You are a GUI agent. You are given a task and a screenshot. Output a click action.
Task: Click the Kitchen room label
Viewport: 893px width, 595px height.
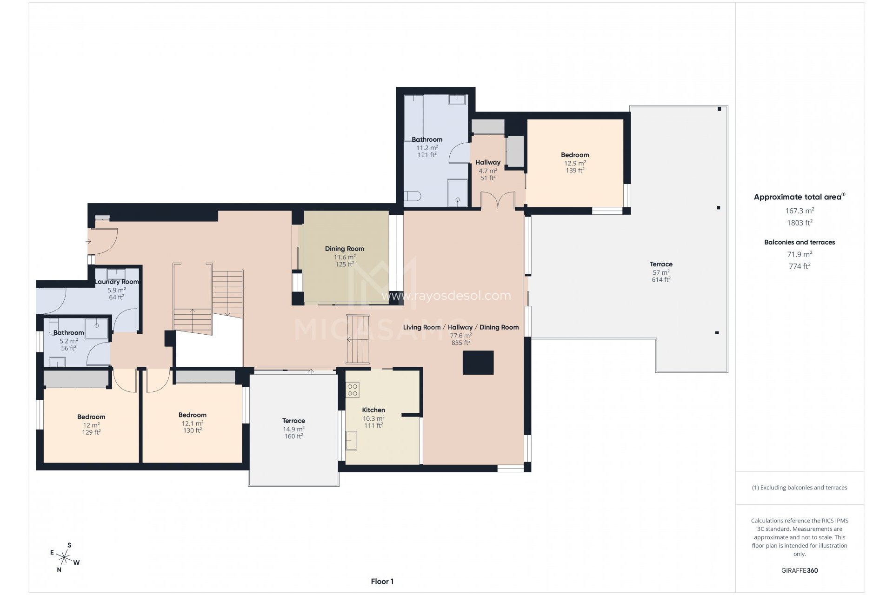pyautogui.click(x=373, y=410)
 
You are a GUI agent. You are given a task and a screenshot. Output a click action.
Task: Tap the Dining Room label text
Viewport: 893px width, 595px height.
pyautogui.click(x=344, y=249)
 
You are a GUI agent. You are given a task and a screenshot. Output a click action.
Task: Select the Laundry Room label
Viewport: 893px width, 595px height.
pyautogui.click(x=117, y=282)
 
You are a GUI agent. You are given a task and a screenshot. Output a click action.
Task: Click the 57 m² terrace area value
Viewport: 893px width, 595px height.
pyautogui.click(x=661, y=272)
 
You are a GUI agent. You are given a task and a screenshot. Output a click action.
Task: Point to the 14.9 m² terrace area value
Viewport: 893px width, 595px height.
pyautogui.click(x=293, y=429)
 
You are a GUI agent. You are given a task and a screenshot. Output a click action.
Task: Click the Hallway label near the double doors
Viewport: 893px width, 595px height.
pyautogui.click(x=488, y=162)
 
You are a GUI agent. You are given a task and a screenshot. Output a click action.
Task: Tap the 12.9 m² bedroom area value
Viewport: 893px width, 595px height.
pyautogui.click(x=575, y=163)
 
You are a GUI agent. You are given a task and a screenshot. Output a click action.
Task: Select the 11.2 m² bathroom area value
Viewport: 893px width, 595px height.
pyautogui.click(x=427, y=147)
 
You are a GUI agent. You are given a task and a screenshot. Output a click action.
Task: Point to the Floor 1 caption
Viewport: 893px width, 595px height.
pyautogui.click(x=382, y=581)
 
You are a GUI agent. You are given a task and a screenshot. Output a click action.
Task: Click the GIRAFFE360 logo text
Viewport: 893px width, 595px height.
pyautogui.click(x=800, y=570)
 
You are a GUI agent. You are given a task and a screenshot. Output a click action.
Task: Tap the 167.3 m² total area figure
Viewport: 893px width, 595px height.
pyautogui.click(x=800, y=211)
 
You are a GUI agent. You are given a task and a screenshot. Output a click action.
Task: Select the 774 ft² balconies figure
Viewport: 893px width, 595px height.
pyautogui.click(x=800, y=266)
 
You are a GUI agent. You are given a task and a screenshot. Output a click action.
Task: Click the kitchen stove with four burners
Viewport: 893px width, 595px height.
pyautogui.click(x=353, y=390)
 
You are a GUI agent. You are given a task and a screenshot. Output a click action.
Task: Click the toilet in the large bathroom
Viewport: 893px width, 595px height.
pyautogui.click(x=412, y=197)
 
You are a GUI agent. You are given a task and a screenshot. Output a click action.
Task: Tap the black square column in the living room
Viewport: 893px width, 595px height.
pyautogui.click(x=478, y=363)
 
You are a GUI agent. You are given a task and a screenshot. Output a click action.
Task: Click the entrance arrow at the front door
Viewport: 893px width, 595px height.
pyautogui.click(x=89, y=241)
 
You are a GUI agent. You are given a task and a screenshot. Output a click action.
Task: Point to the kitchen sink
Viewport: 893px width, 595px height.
pyautogui.click(x=351, y=441)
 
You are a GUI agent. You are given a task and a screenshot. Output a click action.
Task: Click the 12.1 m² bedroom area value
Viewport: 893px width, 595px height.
pyautogui.click(x=192, y=423)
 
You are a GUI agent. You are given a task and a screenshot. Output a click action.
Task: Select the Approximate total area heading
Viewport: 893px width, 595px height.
pyautogui.click(x=800, y=197)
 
